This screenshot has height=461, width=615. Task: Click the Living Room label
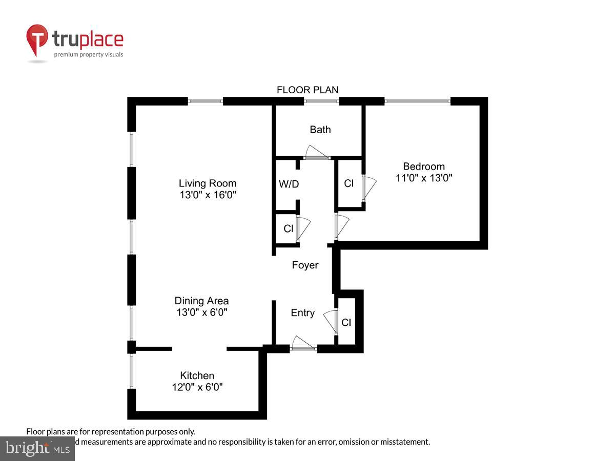pos(208,183)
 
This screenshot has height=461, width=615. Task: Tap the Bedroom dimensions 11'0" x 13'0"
pos(424,178)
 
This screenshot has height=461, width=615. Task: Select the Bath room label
pos(320,130)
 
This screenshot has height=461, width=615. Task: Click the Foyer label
pos(305,265)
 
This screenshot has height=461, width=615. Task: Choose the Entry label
pos(302,313)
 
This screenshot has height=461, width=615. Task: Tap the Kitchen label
pos(197,375)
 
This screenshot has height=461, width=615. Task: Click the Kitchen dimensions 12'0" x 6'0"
pos(197,387)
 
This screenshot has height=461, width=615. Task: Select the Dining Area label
pos(201,301)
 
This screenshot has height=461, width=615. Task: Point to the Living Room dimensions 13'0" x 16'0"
pos(208,195)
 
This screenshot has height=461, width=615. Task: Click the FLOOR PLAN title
pos(307,90)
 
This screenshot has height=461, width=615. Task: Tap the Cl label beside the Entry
pos(346,323)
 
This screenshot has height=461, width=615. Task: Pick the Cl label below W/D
pos(288,228)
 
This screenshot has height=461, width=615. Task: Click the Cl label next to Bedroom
pos(348,183)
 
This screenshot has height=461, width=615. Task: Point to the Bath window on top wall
pos(321,101)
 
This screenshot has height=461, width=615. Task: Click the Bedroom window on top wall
pos(417,101)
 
